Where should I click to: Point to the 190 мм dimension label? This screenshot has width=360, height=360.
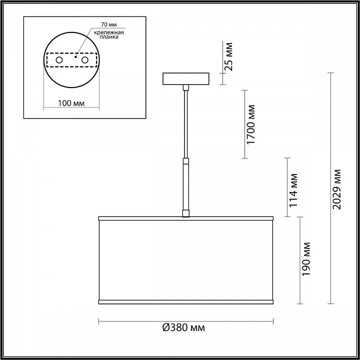point(306,259)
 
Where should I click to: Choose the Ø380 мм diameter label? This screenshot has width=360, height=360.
point(184,328)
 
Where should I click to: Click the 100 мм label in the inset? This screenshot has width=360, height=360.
point(70,103)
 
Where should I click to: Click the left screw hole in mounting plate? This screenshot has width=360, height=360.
point(59,60)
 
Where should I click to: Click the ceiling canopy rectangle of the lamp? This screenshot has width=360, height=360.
point(186,79)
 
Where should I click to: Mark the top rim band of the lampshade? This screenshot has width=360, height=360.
point(186,218)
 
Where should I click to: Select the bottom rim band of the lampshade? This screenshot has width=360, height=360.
point(186,301)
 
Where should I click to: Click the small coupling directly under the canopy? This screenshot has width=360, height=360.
point(186,87)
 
